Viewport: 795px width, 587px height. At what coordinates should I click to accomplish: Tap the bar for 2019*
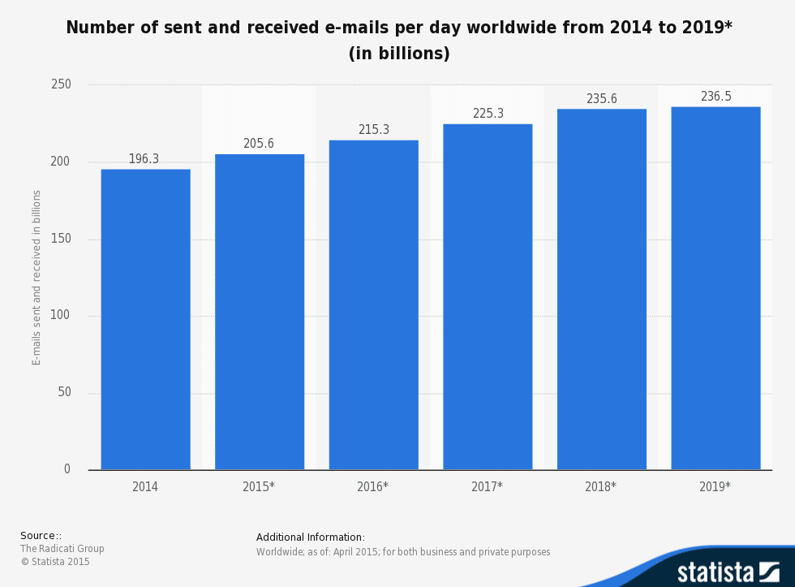pos(715,288)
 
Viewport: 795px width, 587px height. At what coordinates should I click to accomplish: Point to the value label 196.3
pos(144,159)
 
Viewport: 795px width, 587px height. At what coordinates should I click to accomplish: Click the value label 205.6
pos(259,144)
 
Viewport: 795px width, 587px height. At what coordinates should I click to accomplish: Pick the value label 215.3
pos(373,130)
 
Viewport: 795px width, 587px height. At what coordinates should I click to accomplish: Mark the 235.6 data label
pos(601,99)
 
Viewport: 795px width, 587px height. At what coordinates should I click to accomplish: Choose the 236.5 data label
pos(715,97)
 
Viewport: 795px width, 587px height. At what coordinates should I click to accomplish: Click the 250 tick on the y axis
pos(62,84)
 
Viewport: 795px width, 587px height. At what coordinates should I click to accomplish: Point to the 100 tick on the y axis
pos(62,316)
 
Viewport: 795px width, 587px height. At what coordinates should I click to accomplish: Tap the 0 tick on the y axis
pos(67,469)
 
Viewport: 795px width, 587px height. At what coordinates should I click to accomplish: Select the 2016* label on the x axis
pos(372,487)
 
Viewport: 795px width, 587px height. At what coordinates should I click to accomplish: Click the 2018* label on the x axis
pos(600,487)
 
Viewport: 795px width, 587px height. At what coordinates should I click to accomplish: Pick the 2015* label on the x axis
pos(259,487)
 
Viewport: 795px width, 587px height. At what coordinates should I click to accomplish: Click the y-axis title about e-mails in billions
pos(37,278)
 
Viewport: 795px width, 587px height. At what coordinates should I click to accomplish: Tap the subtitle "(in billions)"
pos(398,54)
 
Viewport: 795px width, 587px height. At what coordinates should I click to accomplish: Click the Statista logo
pos(728,571)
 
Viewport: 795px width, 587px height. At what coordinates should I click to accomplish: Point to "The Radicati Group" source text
pos(62,549)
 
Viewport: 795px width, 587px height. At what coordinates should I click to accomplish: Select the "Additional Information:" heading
pos(311,537)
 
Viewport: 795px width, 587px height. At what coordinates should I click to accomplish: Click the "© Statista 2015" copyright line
pos(55,562)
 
